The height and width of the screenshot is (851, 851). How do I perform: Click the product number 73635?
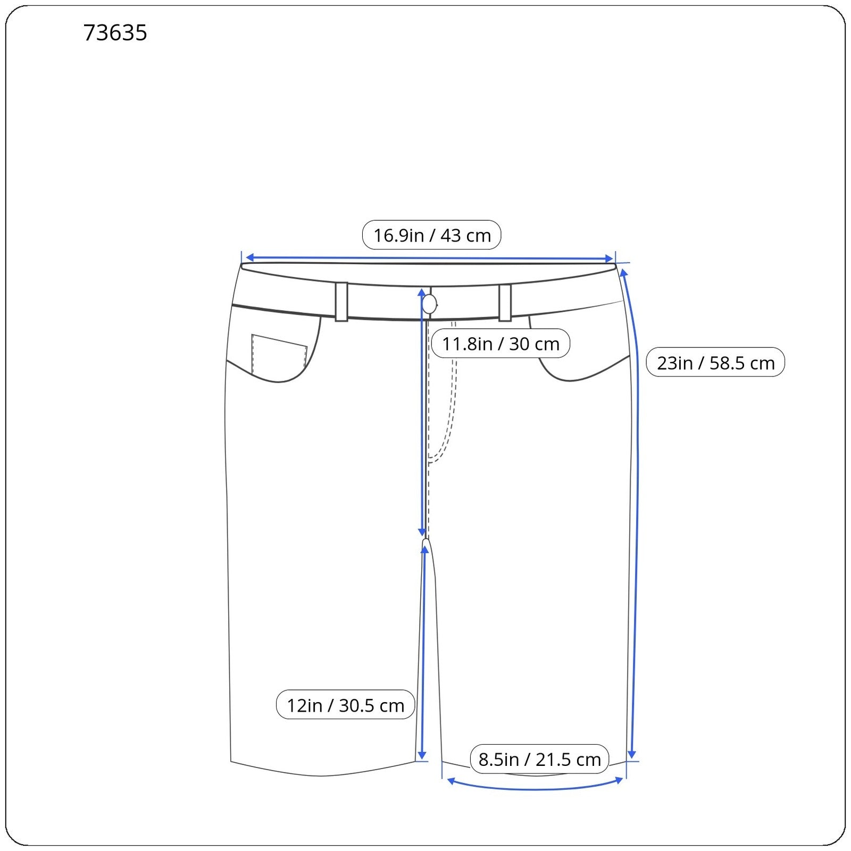point(115,33)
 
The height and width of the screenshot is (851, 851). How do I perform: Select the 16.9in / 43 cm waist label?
point(431,235)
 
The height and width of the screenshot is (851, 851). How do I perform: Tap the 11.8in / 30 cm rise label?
point(500,344)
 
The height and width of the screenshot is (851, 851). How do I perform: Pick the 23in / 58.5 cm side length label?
point(715,363)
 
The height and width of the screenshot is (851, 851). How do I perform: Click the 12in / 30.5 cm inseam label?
point(345,705)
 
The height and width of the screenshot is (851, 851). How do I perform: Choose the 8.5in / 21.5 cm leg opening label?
point(539,759)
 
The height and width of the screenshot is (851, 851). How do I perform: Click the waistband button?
point(429,305)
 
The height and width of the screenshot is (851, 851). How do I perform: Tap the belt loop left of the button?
point(341,302)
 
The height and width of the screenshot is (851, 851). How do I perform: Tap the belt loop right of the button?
point(505,303)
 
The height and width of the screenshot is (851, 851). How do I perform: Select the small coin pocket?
point(279,353)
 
